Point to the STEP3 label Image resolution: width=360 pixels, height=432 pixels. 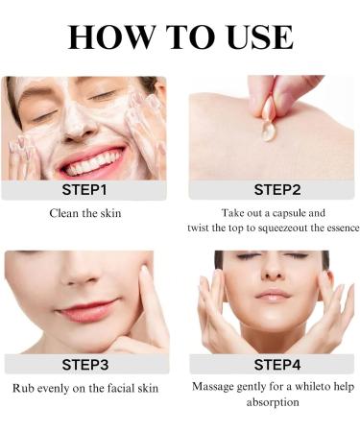pos(85,365)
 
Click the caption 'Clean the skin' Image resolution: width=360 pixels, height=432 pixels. pos(84,213)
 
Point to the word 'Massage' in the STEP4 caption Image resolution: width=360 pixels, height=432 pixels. pos(216,388)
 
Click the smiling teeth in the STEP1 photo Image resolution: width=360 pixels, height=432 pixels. pos(92,158)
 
